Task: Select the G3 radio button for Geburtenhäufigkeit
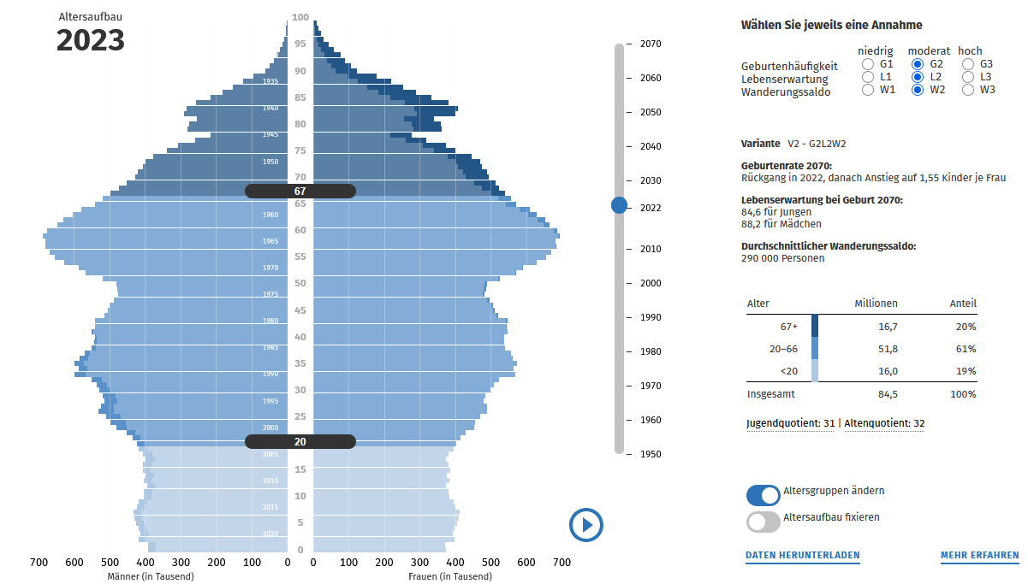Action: click(967, 64)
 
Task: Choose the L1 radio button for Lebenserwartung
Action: click(868, 77)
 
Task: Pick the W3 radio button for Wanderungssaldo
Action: click(967, 90)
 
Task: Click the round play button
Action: click(586, 525)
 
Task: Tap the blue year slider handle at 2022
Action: click(619, 205)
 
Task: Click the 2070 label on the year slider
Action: click(650, 44)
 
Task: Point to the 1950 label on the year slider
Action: click(650, 454)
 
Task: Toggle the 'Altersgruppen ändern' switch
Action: click(763, 495)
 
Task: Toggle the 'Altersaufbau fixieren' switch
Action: click(763, 522)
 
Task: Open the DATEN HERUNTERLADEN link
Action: click(802, 556)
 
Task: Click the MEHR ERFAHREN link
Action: click(979, 556)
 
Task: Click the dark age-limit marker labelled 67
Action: click(300, 192)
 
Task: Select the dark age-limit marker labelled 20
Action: click(300, 442)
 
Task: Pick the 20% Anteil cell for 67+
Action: click(966, 327)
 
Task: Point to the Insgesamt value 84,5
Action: click(887, 394)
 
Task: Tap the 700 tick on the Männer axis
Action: click(39, 563)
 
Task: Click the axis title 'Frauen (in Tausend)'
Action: click(449, 576)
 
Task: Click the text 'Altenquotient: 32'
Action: click(884, 423)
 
